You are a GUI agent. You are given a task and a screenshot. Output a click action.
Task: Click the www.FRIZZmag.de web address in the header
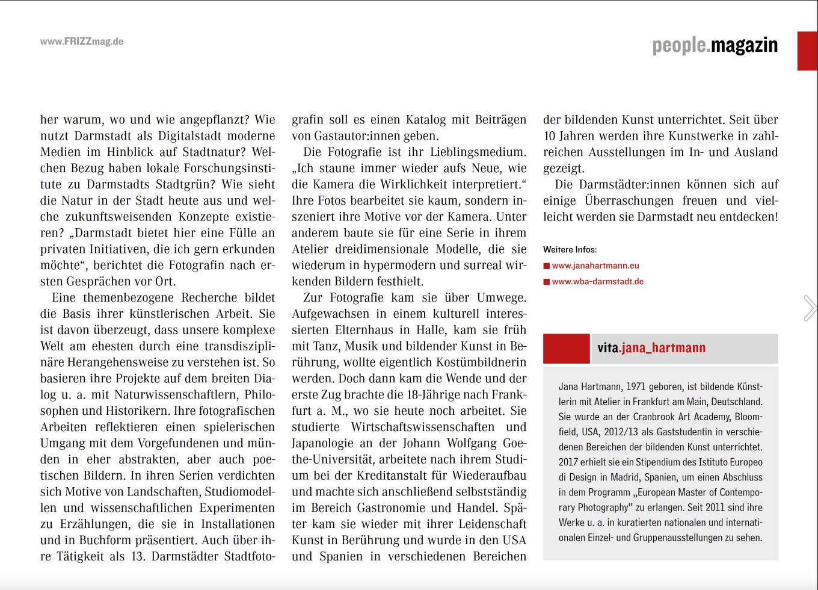point(82,42)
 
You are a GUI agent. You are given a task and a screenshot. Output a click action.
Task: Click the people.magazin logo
point(715,45)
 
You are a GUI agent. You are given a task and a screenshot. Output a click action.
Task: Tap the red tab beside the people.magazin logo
point(807,51)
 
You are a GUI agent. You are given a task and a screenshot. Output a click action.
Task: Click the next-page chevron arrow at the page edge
point(810,308)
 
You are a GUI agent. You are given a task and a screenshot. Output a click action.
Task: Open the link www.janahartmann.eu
point(595,265)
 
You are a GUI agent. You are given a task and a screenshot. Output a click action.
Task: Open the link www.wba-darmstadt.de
point(598,282)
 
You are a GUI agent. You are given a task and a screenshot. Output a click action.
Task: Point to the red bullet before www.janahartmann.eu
point(547,265)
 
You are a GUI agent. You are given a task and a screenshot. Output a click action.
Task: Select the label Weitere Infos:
point(570,249)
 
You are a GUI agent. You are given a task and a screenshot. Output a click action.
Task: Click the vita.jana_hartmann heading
point(651,348)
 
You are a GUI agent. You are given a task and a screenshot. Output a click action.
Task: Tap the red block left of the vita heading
point(566,349)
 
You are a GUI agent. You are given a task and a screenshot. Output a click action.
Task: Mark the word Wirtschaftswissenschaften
point(422,427)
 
